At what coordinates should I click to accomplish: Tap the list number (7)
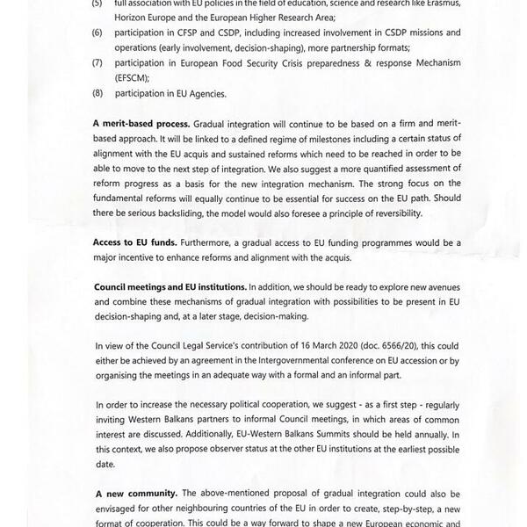pos(97,65)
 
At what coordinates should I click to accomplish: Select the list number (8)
pos(97,94)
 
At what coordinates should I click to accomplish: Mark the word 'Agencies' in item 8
pos(203,94)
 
